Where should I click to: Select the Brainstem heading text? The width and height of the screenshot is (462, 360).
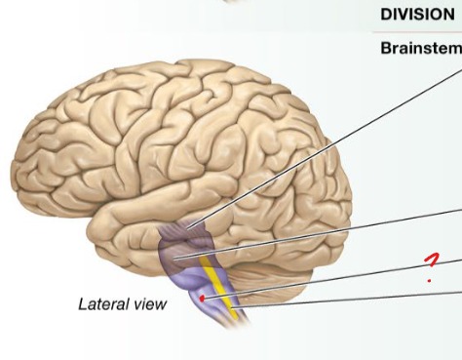point(420,49)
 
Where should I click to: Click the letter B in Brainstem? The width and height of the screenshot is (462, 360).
point(386,49)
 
